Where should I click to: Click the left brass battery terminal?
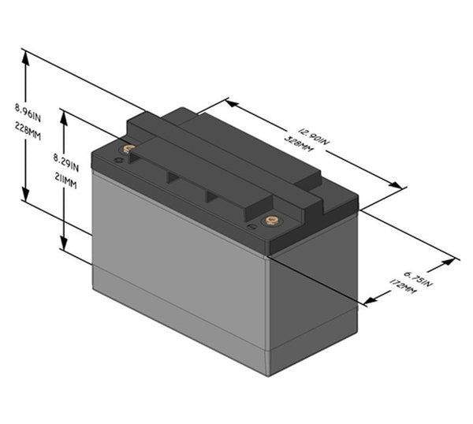(x=128, y=148)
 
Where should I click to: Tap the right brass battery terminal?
(x=271, y=221)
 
